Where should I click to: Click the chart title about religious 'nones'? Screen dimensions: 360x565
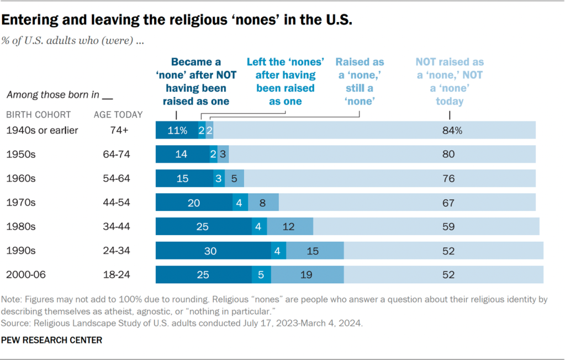(177, 20)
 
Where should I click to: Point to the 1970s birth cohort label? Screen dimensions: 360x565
(20, 203)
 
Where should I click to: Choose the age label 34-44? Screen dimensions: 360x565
(118, 226)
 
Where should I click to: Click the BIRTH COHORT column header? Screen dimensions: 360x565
(38, 115)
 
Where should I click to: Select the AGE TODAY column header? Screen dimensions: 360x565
(118, 115)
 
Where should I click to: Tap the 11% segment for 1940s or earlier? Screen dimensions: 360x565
(176, 130)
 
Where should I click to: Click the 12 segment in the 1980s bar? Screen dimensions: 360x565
(290, 226)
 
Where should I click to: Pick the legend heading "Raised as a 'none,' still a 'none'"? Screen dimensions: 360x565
(360, 82)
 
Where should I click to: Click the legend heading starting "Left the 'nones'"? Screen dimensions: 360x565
(285, 82)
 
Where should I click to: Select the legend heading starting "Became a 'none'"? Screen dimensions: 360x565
(196, 82)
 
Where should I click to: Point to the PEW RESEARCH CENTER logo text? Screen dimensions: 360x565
(52, 340)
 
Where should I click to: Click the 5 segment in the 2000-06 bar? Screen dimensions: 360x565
(261, 274)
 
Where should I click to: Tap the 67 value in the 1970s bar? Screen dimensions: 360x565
(448, 203)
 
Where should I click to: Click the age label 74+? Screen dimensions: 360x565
(118, 130)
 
